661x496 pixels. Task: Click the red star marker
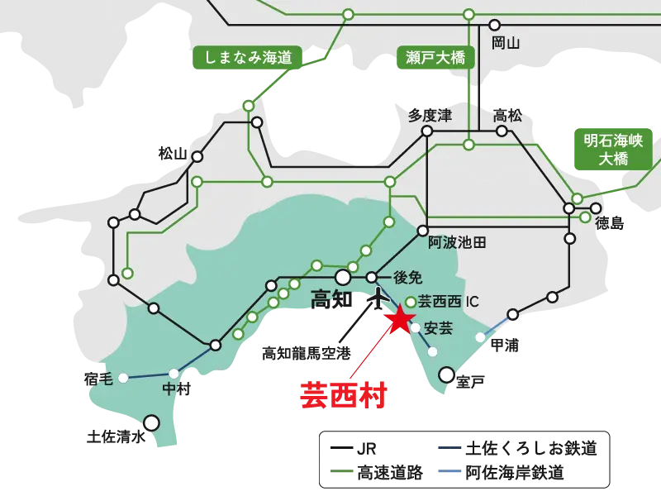[x=400, y=320]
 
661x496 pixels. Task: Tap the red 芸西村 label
[x=345, y=395]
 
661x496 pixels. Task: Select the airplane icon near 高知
[x=378, y=297]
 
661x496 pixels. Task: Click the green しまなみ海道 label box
[x=247, y=58]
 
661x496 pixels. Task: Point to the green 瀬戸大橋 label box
[x=436, y=58]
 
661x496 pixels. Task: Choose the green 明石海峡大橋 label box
[x=613, y=149]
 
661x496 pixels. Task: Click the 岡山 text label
[x=505, y=43]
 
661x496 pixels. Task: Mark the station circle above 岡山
[x=494, y=25]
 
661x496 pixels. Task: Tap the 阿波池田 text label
[x=457, y=243]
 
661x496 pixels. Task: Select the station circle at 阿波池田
[x=423, y=231]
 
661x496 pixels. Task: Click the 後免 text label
[x=407, y=278]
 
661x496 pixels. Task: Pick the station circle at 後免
[x=372, y=278]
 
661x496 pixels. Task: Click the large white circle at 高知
[x=343, y=278]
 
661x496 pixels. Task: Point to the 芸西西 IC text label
[x=449, y=302]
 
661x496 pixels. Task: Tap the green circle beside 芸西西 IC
[x=411, y=302]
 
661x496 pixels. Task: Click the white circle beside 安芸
[x=416, y=328]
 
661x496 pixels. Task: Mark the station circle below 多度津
[x=427, y=131]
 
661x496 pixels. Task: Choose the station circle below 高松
[x=502, y=131]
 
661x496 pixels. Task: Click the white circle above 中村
[x=174, y=374]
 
